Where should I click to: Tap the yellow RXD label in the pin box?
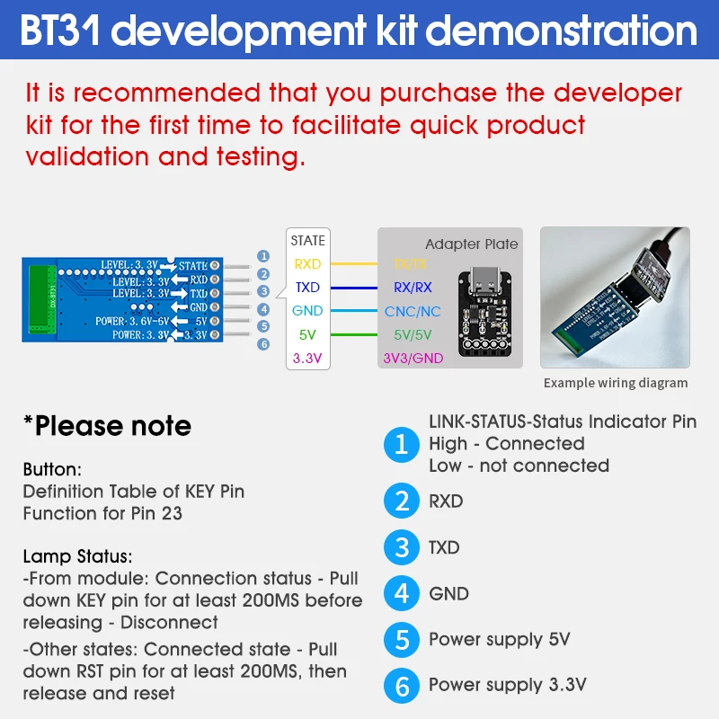coord(307,264)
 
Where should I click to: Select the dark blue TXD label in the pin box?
coord(307,288)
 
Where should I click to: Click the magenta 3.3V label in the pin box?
coord(307,358)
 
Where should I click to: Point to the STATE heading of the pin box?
coord(307,241)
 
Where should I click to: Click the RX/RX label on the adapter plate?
coord(413,288)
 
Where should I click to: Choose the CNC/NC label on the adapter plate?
coord(413,311)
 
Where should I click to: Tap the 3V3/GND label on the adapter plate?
coord(413,359)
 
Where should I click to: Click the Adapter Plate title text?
coord(471,244)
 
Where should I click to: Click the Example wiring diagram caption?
coord(615,383)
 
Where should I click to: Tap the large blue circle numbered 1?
coord(402,444)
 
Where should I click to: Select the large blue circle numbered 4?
coord(402,593)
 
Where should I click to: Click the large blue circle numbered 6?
coord(402,686)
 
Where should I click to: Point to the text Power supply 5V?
coord(499,640)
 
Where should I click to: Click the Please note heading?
coord(107,425)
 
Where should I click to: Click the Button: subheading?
coord(52,469)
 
